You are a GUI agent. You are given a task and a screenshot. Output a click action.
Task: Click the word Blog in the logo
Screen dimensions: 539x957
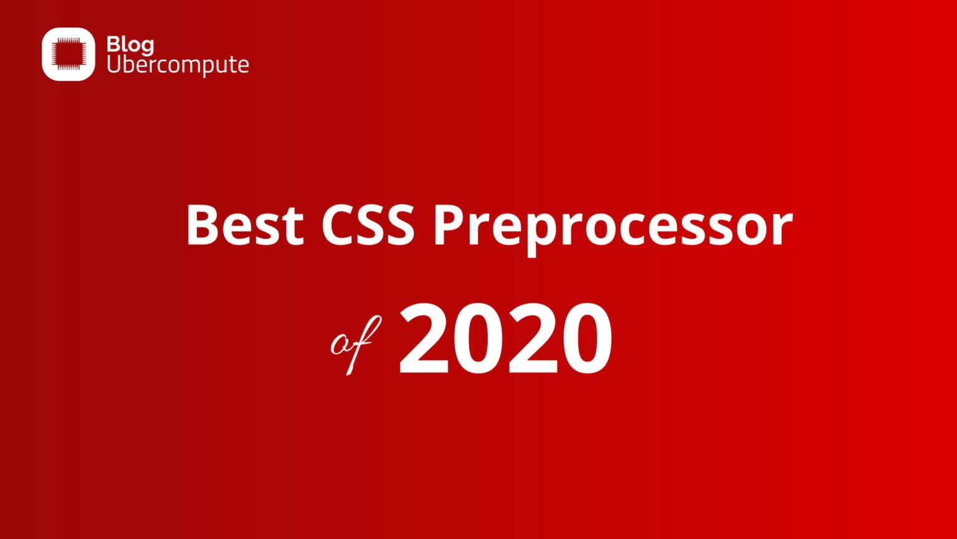(130, 46)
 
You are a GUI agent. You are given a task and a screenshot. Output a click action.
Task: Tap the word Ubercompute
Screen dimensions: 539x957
(178, 64)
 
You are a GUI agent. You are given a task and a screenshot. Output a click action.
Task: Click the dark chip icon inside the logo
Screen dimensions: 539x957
(69, 54)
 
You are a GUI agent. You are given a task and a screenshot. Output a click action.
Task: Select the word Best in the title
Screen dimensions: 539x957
(245, 225)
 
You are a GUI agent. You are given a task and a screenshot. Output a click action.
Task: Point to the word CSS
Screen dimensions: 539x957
(368, 225)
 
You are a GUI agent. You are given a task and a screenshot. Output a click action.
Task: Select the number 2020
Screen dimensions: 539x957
(505, 340)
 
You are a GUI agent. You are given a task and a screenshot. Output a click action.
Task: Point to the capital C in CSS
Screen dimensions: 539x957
(340, 225)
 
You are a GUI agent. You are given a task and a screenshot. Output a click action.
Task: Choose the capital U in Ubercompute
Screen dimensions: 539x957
(113, 64)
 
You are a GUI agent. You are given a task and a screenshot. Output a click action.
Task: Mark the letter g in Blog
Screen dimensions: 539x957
(147, 47)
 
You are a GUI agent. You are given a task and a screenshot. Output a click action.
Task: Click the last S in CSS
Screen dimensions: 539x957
(398, 225)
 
